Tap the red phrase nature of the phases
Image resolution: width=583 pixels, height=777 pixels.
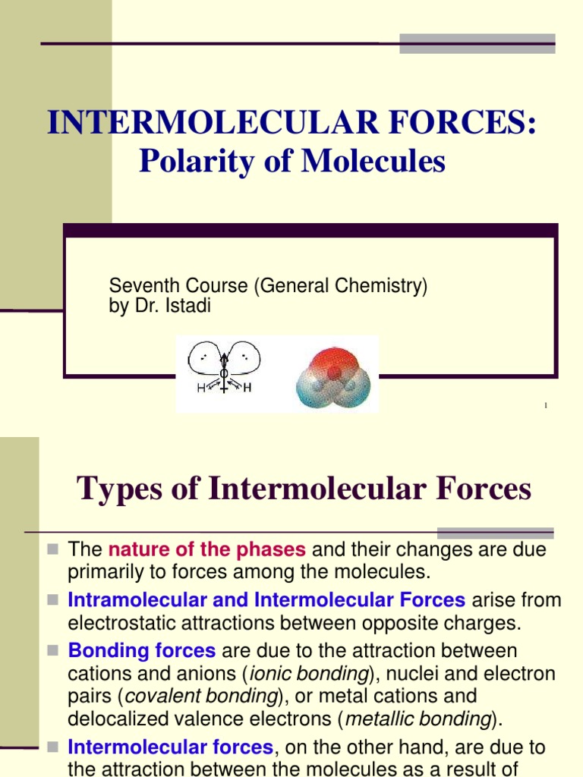pyautogui.click(x=207, y=550)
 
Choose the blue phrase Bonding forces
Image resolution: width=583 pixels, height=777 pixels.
pyautogui.click(x=142, y=651)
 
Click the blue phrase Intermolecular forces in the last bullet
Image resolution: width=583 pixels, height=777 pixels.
pyautogui.click(x=170, y=747)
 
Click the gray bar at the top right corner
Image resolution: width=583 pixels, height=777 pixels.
pyautogui.click(x=477, y=43)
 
